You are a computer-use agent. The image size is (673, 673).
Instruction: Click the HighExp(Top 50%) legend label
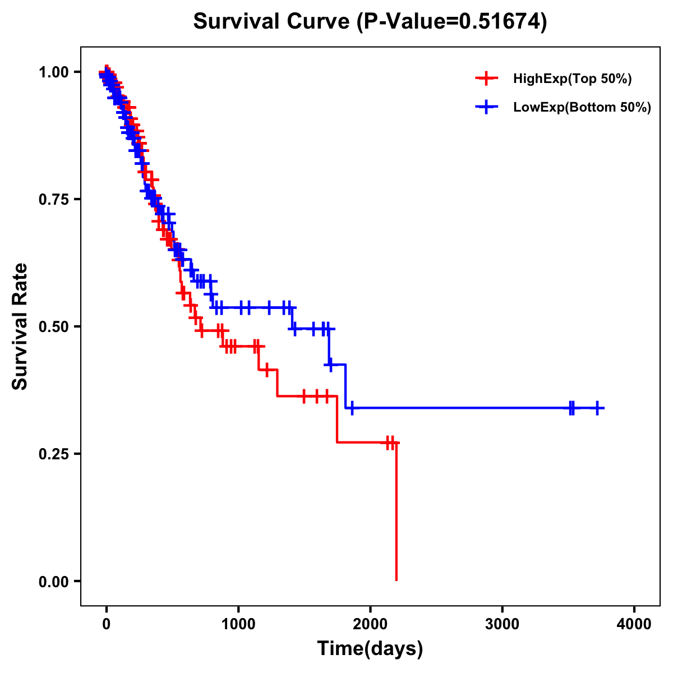point(572,79)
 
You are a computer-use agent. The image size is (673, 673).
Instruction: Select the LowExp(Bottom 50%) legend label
point(582,108)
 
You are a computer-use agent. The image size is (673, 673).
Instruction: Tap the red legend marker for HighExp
point(486,79)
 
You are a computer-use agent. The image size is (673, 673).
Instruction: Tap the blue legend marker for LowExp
point(486,107)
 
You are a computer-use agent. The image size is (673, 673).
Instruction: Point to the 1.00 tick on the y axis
point(56,72)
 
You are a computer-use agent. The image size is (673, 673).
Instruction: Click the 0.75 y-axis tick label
point(56,199)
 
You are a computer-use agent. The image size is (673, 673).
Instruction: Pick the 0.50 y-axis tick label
point(56,326)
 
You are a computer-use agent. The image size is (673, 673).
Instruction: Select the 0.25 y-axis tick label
point(56,454)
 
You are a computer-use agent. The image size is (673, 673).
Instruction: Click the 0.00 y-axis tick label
point(56,582)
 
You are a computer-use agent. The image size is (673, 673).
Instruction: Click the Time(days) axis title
point(370,649)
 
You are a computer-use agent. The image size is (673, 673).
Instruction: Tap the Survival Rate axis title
point(20,326)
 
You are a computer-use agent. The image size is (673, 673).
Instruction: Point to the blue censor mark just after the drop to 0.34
point(352,408)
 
